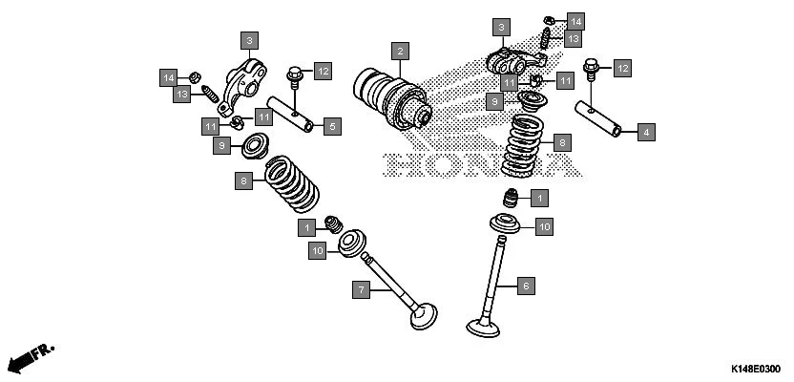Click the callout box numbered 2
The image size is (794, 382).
point(401,51)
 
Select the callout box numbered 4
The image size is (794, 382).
point(646,132)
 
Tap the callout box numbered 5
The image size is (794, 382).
point(331,125)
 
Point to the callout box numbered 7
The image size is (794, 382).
point(361,287)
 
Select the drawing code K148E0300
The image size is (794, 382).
point(755,369)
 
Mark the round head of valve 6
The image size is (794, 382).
point(484,328)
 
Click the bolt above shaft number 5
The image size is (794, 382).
point(294,72)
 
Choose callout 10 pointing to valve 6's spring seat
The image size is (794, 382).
point(543,226)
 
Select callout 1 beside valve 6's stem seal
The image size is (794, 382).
point(539,199)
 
